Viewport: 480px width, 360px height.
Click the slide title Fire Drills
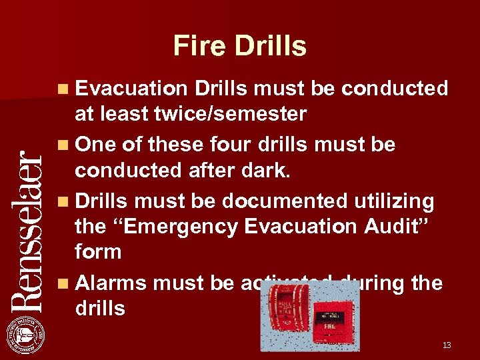(239, 46)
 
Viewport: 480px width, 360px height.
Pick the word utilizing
(396, 200)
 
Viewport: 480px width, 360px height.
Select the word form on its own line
(98, 252)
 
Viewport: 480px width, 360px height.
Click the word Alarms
(111, 283)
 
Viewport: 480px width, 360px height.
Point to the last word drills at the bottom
(100, 308)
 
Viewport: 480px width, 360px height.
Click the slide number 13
(447, 345)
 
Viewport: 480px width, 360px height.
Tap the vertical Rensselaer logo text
(28, 231)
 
